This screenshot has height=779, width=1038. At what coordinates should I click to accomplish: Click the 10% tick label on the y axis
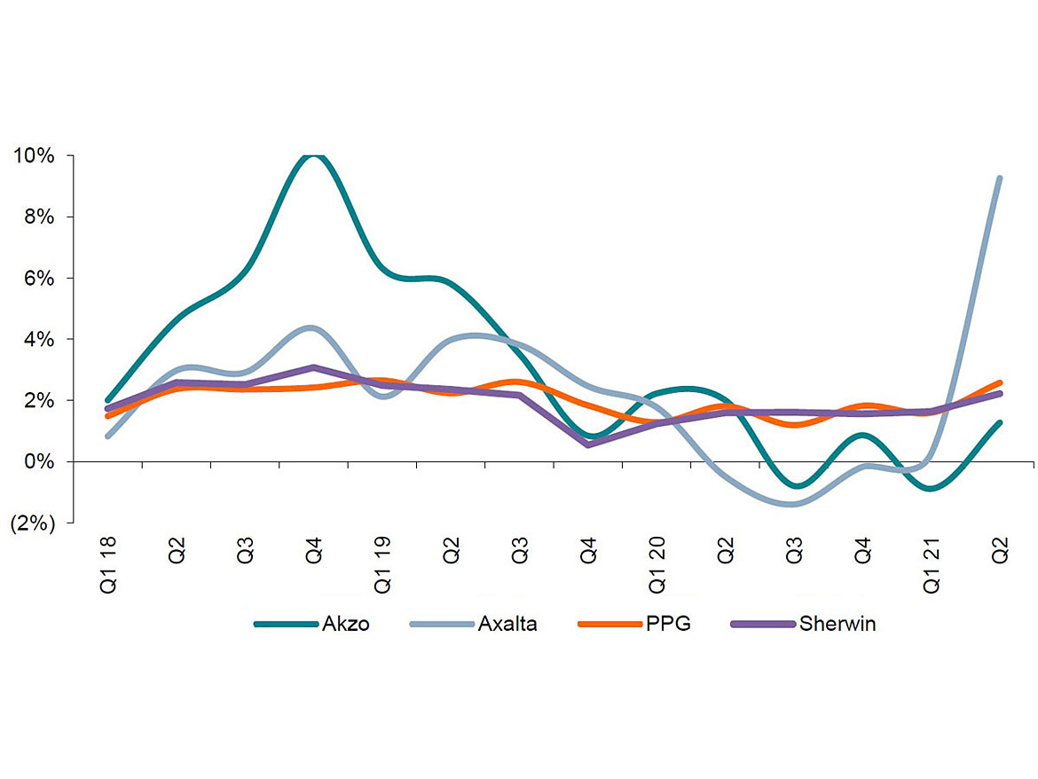click(x=33, y=156)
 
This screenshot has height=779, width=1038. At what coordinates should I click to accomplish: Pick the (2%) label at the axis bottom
click(x=33, y=523)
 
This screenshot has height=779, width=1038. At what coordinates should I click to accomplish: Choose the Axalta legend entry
click(x=474, y=624)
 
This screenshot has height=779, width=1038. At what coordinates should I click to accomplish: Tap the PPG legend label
click(x=634, y=624)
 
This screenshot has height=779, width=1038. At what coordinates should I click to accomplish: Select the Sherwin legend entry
click(x=803, y=624)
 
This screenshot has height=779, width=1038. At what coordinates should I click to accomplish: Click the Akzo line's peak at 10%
click(x=313, y=156)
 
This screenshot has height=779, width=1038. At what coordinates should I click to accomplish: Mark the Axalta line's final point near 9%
click(x=1000, y=178)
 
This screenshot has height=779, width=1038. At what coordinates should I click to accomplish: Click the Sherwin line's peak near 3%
click(x=313, y=367)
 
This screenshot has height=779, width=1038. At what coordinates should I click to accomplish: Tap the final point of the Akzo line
click(x=1000, y=423)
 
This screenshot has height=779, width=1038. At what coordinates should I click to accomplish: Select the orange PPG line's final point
click(x=1000, y=383)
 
